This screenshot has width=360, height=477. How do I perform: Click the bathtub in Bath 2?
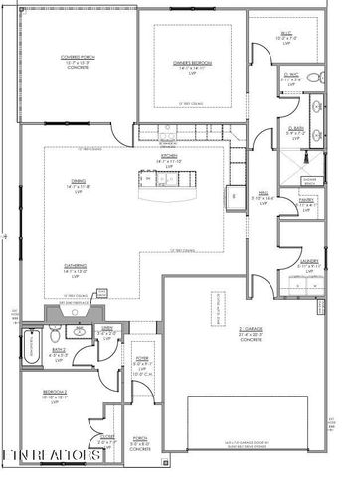[x=30, y=347]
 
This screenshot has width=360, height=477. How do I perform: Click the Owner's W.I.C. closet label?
[x=294, y=76]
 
